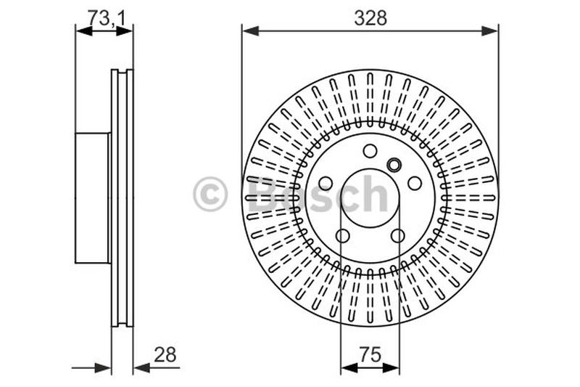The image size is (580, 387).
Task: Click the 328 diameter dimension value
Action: [370, 17]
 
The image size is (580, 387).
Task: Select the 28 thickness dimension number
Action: [165, 355]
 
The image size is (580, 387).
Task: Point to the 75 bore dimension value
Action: [370, 354]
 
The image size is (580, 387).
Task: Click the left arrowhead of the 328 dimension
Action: [250, 31]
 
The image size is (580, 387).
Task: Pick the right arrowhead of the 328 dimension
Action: [490, 31]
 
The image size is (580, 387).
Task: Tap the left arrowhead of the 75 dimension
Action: [349, 367]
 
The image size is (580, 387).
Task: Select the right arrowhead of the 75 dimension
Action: [391, 367]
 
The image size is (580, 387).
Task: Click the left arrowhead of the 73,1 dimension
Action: [83, 31]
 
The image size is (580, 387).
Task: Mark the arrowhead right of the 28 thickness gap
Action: [141, 367]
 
